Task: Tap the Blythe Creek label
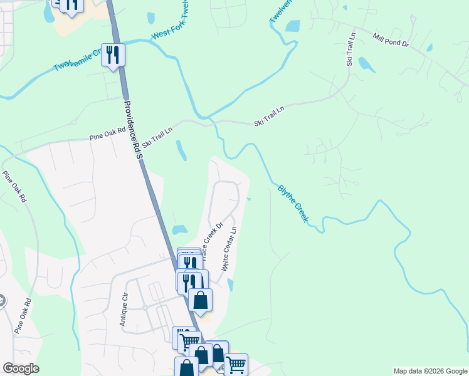[x=293, y=202]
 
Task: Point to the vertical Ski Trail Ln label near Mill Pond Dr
[x=351, y=49]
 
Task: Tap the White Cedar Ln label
[x=229, y=249]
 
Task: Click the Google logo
[x=21, y=368]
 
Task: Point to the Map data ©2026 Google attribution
[x=430, y=371]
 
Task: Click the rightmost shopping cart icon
[x=236, y=364]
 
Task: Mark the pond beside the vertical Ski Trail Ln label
[x=367, y=65]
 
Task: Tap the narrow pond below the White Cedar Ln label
[x=230, y=285]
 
